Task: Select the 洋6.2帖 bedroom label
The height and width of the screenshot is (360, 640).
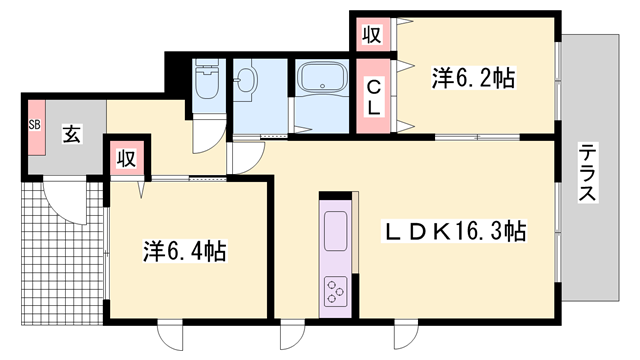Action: point(473,77)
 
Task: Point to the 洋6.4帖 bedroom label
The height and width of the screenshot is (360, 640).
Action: point(183,250)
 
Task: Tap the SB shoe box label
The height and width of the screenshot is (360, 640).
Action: point(34,125)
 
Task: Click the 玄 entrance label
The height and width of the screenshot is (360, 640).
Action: point(72,130)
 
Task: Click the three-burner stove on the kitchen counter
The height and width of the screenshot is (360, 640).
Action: point(334,292)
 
